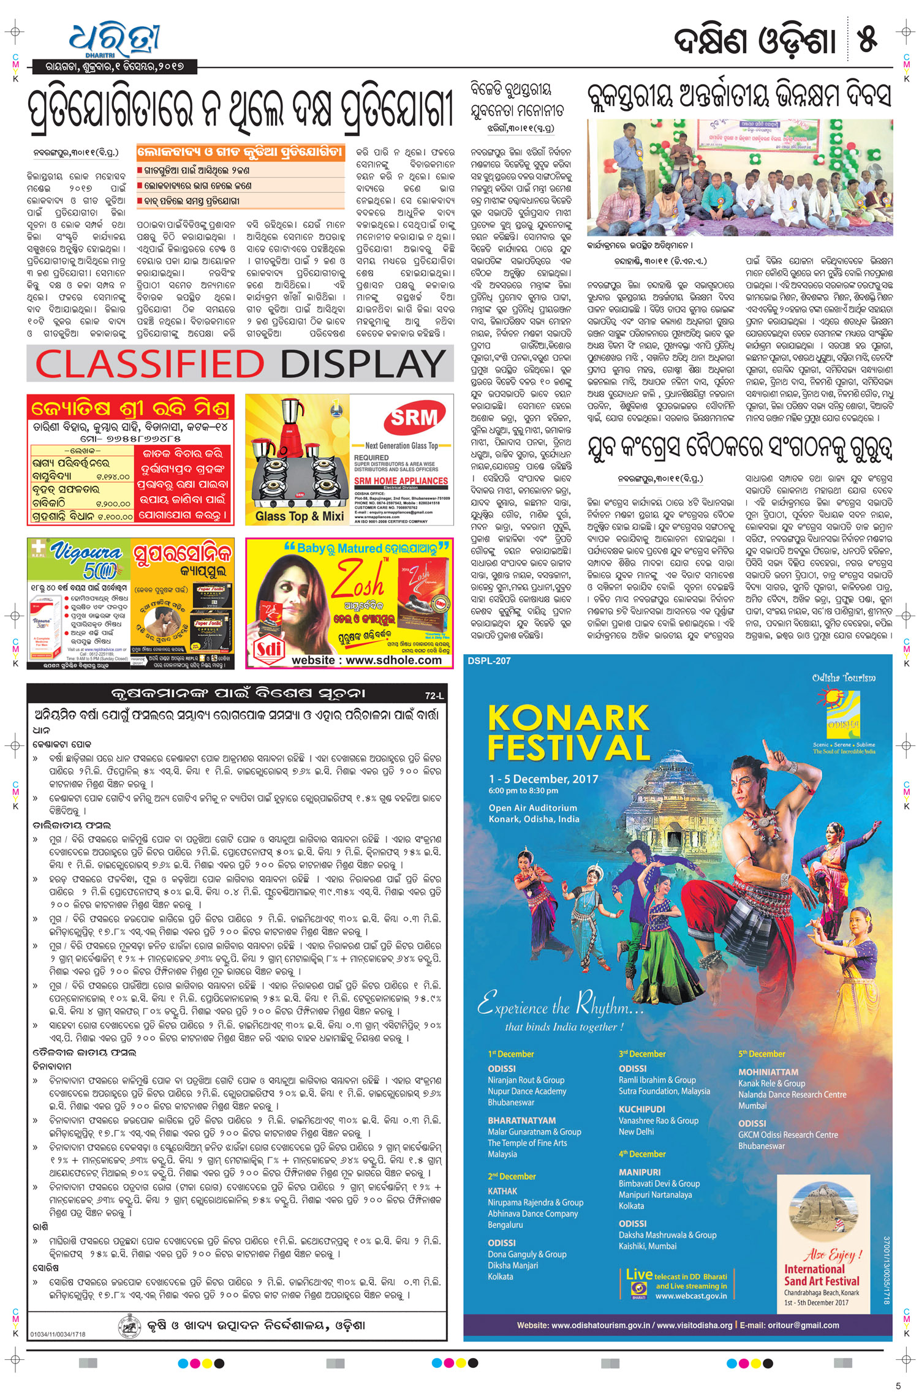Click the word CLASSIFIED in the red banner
click(150, 364)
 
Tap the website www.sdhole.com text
click(366, 660)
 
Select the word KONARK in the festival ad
click(568, 718)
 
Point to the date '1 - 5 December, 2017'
click(543, 779)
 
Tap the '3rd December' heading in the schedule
click(641, 1054)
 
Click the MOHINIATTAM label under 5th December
click(768, 1073)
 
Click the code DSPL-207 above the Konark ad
click(489, 661)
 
